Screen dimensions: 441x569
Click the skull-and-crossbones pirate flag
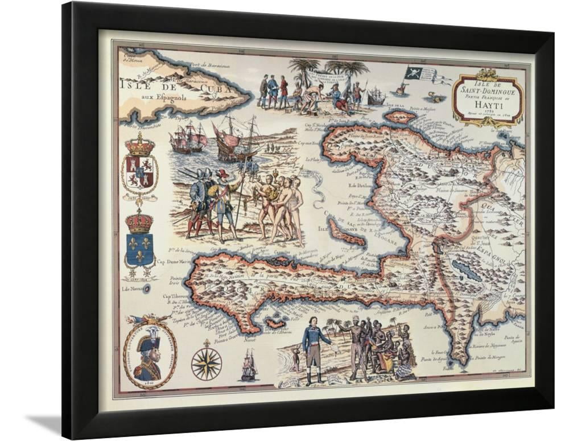pyautogui.click(x=414, y=74)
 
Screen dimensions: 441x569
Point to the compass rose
pyautogui.click(x=206, y=363)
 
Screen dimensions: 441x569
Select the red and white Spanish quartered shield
pyautogui.click(x=139, y=172)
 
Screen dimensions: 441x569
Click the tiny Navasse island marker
pyautogui.click(x=147, y=289)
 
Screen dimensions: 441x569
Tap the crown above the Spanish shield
pyautogui.click(x=139, y=145)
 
